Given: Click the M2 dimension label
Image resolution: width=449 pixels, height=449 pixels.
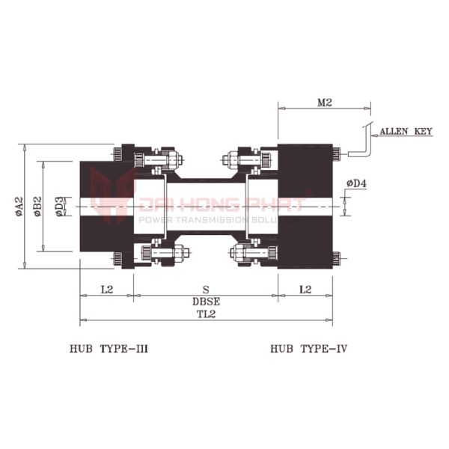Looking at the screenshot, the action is [x=325, y=103].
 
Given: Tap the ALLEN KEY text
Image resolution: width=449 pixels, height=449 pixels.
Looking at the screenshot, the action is [x=406, y=132].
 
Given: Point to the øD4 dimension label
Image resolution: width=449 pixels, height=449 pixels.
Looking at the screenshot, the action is [x=356, y=183].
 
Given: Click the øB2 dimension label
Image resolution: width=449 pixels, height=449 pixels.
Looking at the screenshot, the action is [x=37, y=207].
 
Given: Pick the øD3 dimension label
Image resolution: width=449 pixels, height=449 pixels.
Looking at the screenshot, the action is [x=59, y=207].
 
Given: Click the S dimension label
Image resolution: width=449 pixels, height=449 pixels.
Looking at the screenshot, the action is [x=206, y=290].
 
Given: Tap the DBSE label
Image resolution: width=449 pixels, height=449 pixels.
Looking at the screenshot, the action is [x=207, y=302].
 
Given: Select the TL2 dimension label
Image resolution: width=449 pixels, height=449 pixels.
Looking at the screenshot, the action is [x=207, y=314].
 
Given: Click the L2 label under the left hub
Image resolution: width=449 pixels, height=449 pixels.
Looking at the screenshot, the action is [x=107, y=290].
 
